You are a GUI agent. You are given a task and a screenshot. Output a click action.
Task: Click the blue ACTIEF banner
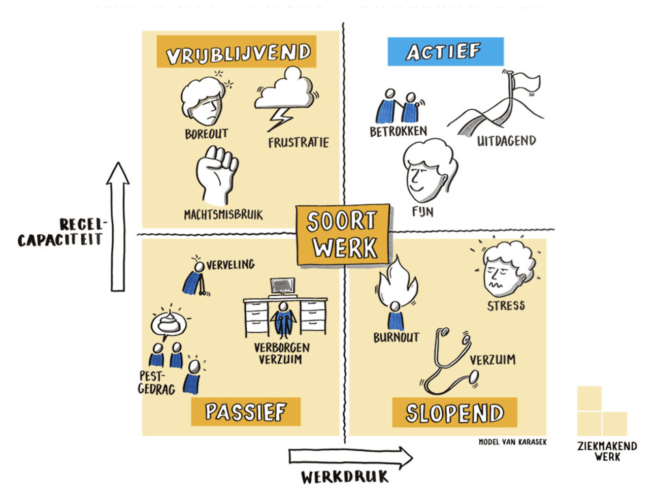click(445, 51)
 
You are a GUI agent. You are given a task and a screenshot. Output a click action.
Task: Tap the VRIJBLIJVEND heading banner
click(236, 51)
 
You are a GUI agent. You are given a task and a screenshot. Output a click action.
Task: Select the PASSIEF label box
click(246, 412)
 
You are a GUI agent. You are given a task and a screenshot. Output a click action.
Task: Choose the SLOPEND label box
click(454, 413)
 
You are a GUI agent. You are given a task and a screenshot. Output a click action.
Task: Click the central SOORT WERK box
click(343, 235)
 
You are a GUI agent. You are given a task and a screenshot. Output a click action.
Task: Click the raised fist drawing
click(217, 175)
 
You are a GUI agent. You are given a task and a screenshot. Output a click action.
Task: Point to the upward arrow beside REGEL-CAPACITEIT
click(118, 227)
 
